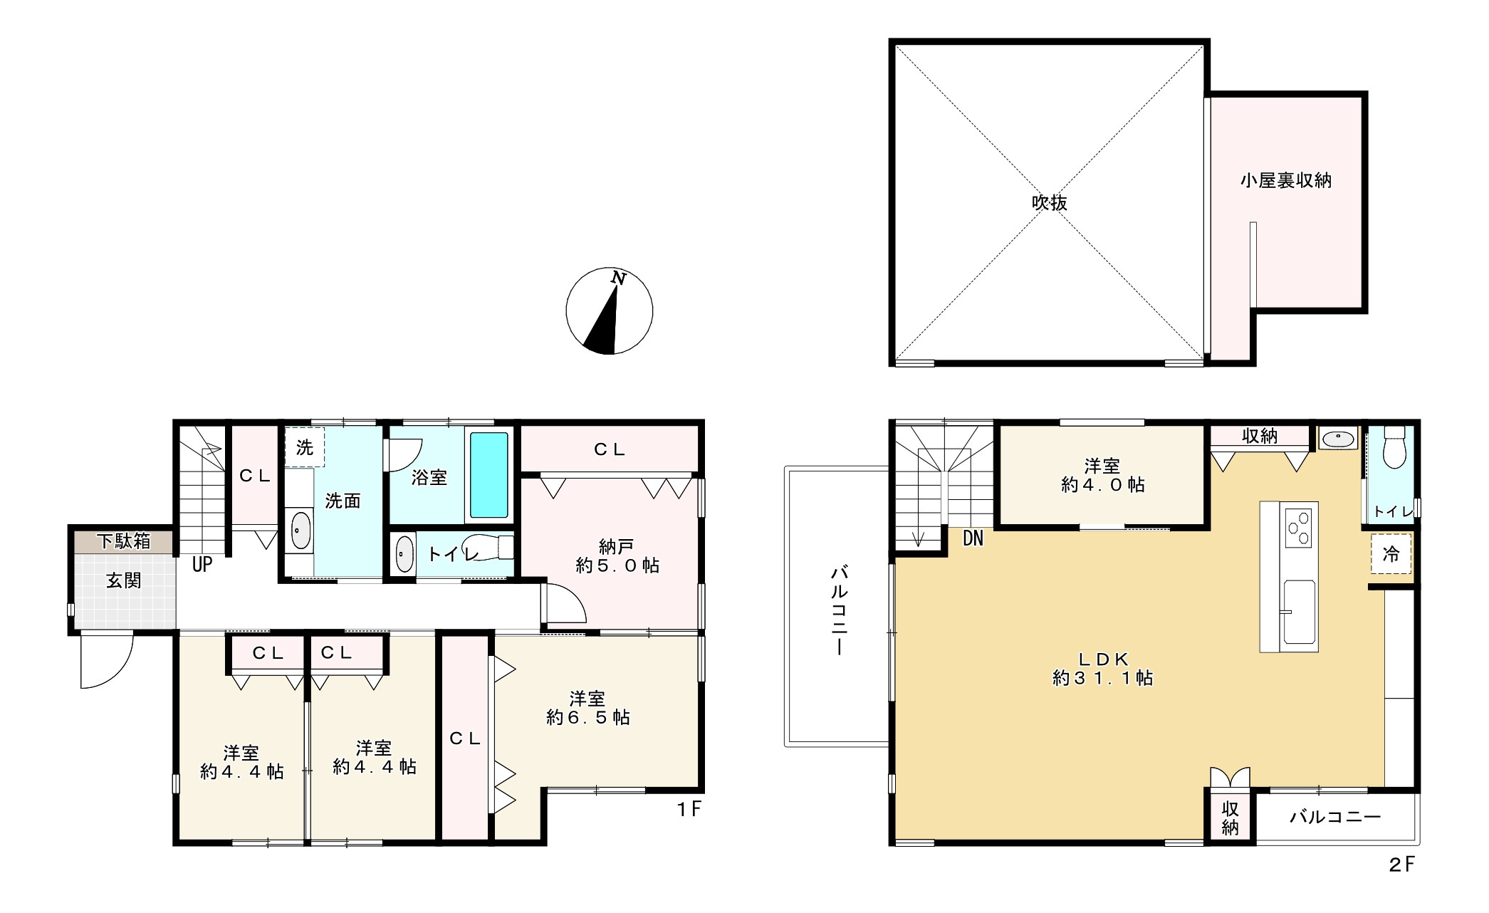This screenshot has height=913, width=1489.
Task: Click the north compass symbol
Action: coord(609,311)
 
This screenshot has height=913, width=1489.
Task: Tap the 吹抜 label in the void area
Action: coord(1050,203)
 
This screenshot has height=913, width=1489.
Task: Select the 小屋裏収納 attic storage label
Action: coord(1285,180)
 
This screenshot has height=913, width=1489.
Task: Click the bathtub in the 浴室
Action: coord(489,475)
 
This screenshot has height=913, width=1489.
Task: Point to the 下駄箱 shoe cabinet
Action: coord(124,541)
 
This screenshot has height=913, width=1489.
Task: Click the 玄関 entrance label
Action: coord(124,580)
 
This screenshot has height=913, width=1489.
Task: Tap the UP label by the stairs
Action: coord(202,565)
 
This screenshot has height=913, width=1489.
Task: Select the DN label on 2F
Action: coord(973,539)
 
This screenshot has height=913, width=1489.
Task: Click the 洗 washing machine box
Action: coord(305,447)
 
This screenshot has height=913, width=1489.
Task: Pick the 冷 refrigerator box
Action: coord(1391,553)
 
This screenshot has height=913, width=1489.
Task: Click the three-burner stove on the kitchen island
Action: coord(1297,528)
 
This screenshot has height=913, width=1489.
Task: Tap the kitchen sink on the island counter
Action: coord(1299,611)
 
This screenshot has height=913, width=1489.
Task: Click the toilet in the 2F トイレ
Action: coord(1393,447)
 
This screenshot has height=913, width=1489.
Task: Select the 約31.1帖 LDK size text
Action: coord(1102,678)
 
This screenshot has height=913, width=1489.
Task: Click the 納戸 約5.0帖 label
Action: coord(617,556)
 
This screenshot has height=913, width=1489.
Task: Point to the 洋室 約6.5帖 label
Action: coord(587,708)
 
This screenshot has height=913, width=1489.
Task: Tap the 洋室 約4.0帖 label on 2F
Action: coord(1102,476)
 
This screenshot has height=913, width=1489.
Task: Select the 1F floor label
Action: coord(689,809)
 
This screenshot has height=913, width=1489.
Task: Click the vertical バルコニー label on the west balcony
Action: coord(840,610)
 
